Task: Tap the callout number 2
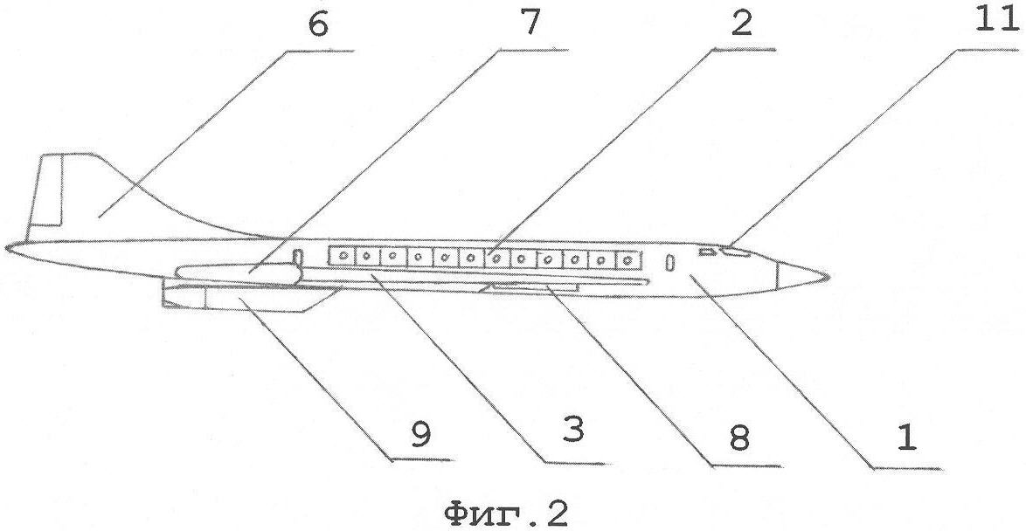pyautogui.click(x=741, y=25)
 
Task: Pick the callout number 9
pyautogui.click(x=422, y=436)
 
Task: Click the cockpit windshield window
pyautogui.click(x=736, y=252)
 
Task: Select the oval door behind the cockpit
pyautogui.click(x=669, y=262)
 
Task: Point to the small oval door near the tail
pyautogui.click(x=298, y=257)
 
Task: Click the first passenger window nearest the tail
pyautogui.click(x=340, y=257)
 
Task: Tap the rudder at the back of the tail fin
pyautogui.click(x=46, y=190)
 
